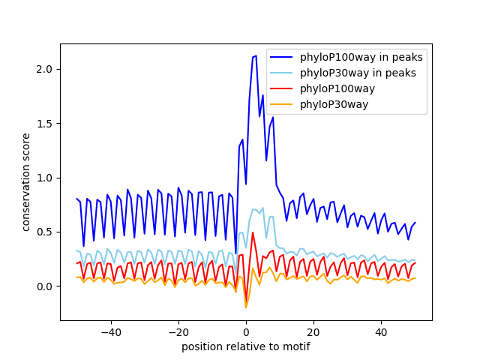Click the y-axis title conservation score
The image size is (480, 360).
tap(26, 182)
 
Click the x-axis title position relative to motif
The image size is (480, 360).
tap(246, 346)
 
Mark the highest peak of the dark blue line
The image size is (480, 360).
tap(256, 55)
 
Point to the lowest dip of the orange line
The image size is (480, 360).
tap(246, 307)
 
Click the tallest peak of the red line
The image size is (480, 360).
tap(253, 232)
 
